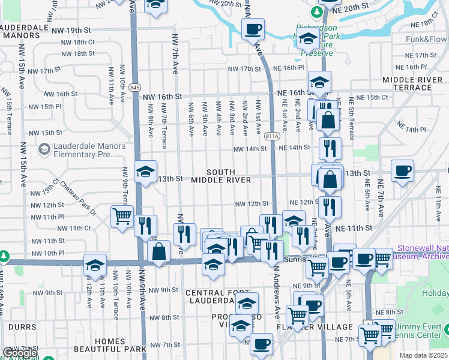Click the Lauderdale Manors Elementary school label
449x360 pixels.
click(x=83, y=150)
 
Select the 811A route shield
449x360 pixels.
click(x=272, y=136)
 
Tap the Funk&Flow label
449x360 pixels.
click(x=426, y=40)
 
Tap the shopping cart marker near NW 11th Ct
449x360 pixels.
click(x=122, y=215)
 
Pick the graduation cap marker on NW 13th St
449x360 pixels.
click(x=145, y=172)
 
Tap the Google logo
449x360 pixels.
click(x=20, y=353)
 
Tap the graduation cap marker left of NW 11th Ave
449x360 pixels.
click(x=95, y=265)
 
